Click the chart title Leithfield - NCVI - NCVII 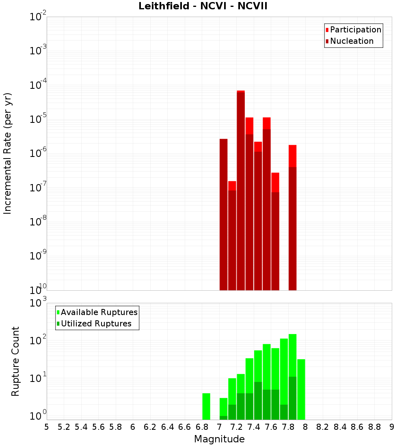point(203,6)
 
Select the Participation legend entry point(353,30)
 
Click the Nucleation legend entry point(349,41)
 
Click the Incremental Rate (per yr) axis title point(8,153)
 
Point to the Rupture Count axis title point(15,361)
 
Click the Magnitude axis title point(219,439)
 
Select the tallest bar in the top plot point(241,191)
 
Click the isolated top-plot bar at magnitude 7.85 point(292,219)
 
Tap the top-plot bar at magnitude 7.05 point(224,215)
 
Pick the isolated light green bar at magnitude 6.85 point(206,406)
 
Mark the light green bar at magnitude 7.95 point(301,389)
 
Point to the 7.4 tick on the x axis point(254,427)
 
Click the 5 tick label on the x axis point(47,427)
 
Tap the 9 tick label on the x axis point(392,427)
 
